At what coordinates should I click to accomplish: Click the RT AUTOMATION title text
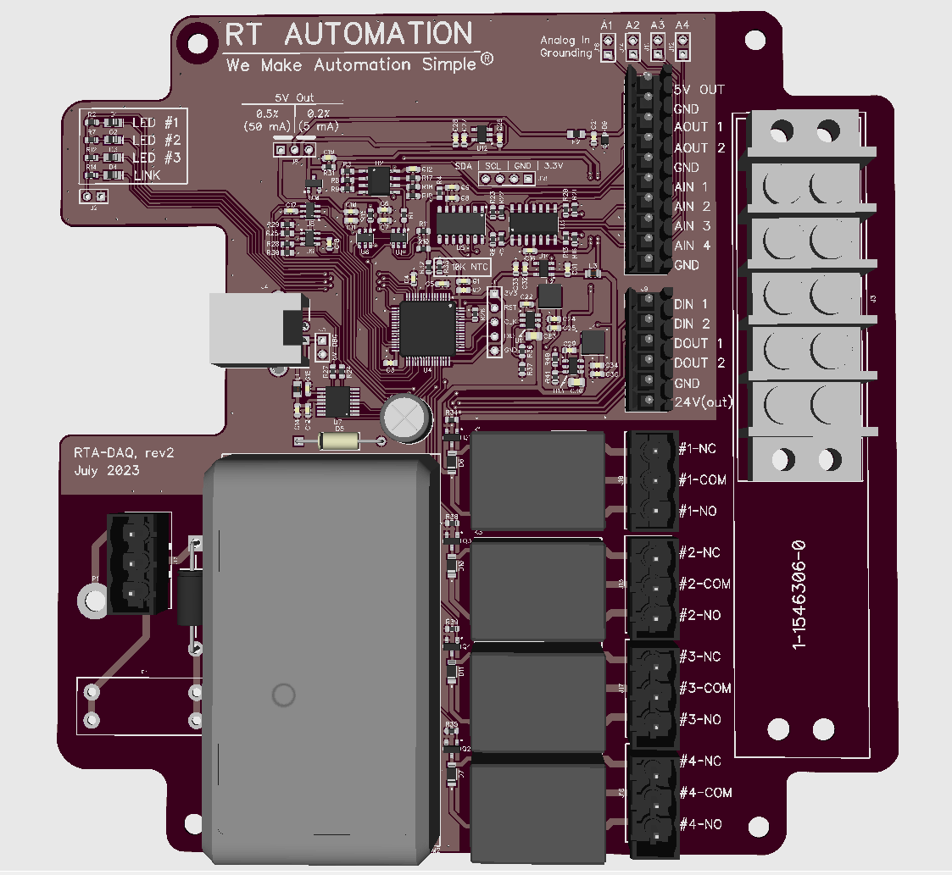click(x=348, y=34)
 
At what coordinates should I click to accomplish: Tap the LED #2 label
click(x=157, y=140)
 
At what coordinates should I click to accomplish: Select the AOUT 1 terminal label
click(x=691, y=127)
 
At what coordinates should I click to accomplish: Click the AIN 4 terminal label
click(x=691, y=246)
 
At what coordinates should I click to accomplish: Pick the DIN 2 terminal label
click(x=691, y=324)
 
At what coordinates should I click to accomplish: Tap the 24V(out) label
click(x=703, y=402)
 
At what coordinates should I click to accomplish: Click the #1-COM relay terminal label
click(x=702, y=480)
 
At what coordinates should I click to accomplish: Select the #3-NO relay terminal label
click(x=699, y=720)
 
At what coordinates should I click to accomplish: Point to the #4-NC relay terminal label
click(x=699, y=761)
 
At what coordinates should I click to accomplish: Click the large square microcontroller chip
click(x=426, y=329)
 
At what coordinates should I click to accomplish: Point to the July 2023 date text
click(x=107, y=469)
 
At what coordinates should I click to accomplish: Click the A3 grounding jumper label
click(x=657, y=26)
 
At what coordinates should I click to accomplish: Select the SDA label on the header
click(x=463, y=166)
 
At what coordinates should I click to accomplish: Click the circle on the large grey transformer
click(x=282, y=695)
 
